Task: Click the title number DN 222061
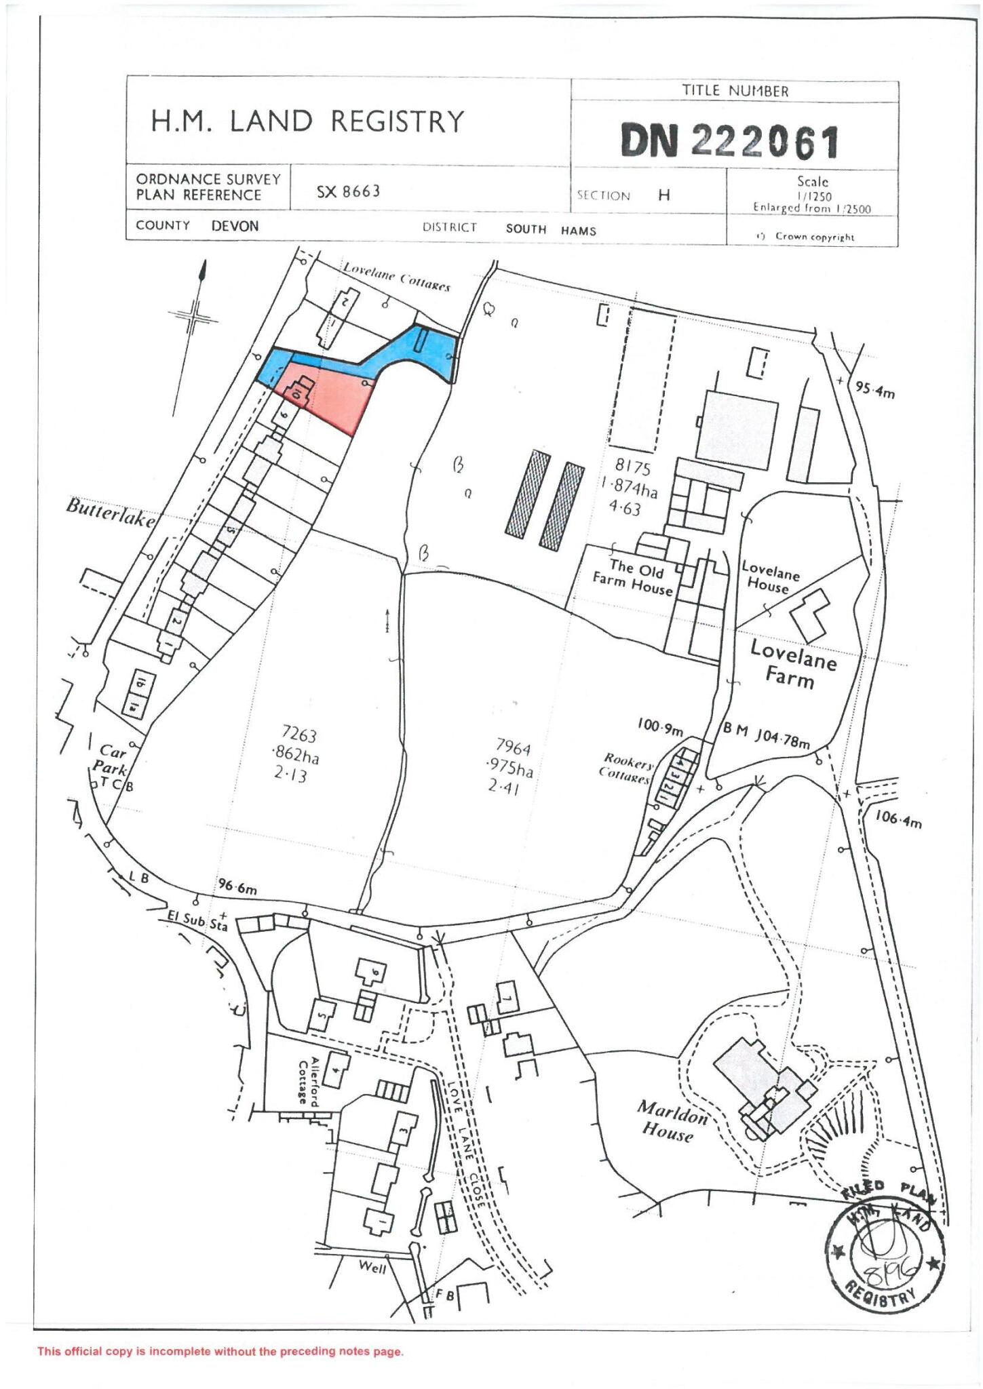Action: pyautogui.click(x=730, y=142)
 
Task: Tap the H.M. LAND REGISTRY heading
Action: pyautogui.click(x=307, y=122)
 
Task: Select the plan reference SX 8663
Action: pyautogui.click(x=348, y=192)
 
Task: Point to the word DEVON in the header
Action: pyautogui.click(x=235, y=226)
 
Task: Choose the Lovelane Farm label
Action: pyautogui.click(x=792, y=664)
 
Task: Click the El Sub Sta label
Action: pyautogui.click(x=197, y=920)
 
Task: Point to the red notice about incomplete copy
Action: pyautogui.click(x=220, y=1351)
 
